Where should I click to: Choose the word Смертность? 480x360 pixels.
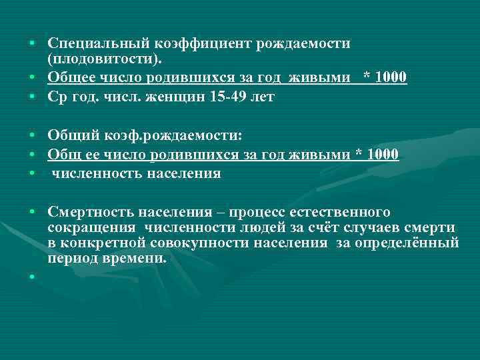click(91, 213)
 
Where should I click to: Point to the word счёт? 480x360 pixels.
click(315, 228)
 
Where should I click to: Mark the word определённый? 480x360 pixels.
click(409, 243)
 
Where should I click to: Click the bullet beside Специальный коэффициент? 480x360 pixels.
click(31, 43)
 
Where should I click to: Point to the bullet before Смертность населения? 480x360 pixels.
click(31, 213)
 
